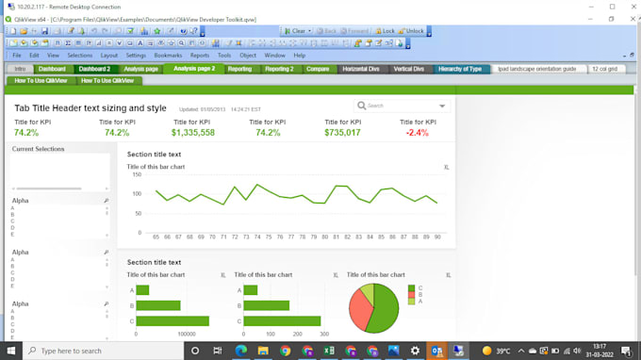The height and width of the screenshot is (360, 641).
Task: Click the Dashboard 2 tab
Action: [x=94, y=69]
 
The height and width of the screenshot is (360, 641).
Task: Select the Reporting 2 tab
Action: [x=278, y=69]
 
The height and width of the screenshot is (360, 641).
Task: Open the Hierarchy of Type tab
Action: [x=460, y=69]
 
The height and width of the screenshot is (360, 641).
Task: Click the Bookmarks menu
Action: [x=168, y=56]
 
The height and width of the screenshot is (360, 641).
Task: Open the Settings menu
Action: [x=136, y=56]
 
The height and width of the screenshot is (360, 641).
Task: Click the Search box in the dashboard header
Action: [x=401, y=106]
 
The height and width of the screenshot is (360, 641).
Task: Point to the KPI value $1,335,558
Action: [x=193, y=133]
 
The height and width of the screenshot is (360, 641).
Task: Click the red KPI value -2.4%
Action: [x=417, y=133]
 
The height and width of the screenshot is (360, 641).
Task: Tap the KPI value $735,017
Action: [x=342, y=133]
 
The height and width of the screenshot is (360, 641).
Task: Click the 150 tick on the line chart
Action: [x=136, y=174]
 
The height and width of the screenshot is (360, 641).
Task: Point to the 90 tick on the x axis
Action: [x=438, y=237]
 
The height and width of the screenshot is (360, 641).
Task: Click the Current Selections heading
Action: [x=38, y=149]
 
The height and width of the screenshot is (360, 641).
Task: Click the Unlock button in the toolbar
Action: [x=412, y=31]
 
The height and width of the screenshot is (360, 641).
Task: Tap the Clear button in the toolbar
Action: [x=296, y=31]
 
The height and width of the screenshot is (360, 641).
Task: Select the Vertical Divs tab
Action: [x=408, y=69]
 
